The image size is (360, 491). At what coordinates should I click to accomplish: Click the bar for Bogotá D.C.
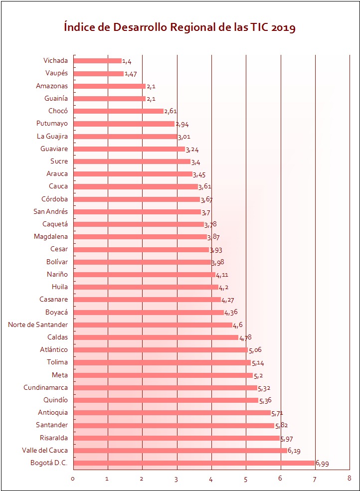[x=194, y=463]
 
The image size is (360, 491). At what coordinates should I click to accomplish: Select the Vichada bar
[x=98, y=61]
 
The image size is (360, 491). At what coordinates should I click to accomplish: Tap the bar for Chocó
[x=119, y=111]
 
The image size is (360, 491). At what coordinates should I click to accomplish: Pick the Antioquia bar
[x=172, y=413]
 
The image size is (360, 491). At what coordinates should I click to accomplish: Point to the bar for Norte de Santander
[x=153, y=325]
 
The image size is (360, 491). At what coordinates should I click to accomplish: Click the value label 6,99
[x=322, y=464]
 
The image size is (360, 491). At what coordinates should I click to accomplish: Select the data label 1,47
[x=131, y=74]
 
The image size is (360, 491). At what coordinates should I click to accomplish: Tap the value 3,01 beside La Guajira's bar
[x=184, y=137]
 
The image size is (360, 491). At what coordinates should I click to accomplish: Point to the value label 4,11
[x=222, y=275]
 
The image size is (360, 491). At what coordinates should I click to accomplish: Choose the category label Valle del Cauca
[x=45, y=451]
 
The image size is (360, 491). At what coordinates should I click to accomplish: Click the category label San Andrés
[x=50, y=211]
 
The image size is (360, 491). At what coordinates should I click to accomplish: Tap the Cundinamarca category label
[x=46, y=387]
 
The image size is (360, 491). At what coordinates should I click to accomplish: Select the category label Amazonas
[x=52, y=86]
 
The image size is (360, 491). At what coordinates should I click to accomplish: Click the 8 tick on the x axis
[x=350, y=479]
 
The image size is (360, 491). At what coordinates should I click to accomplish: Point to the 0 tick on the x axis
[x=73, y=479]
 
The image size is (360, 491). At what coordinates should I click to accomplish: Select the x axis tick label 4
[x=211, y=479]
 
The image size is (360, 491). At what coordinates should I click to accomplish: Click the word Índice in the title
[x=80, y=27]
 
